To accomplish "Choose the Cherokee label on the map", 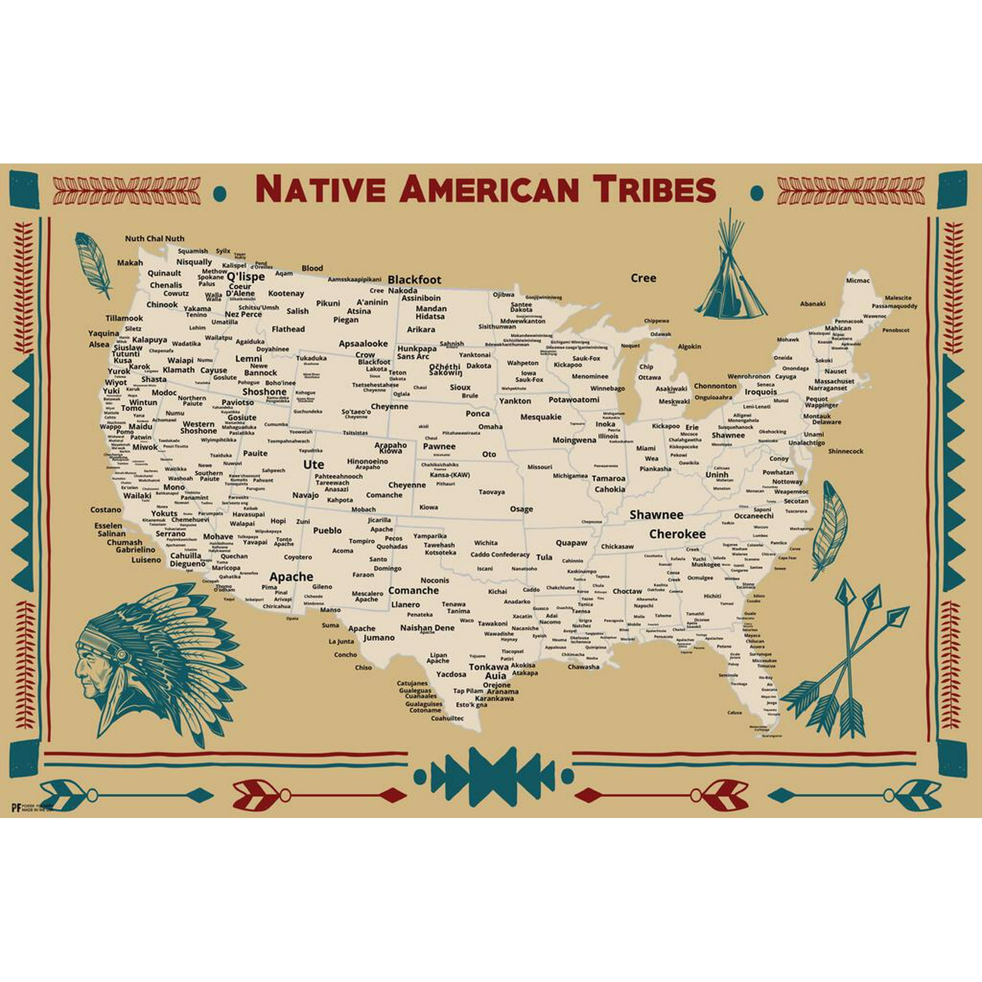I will pos(677,534).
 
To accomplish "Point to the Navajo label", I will pos(305,495).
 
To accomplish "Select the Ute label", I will pos(313,464).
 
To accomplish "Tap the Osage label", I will pos(521,509).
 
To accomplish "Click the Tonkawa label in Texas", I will pos(489,667).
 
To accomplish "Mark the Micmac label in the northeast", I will pos(857,280).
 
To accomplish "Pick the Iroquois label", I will pos(761,392).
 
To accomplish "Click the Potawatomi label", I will pos(574,400).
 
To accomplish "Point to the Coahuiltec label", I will pos(447,719).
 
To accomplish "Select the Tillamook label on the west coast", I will pos(124,318).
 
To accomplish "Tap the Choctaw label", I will pos(627,591).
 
